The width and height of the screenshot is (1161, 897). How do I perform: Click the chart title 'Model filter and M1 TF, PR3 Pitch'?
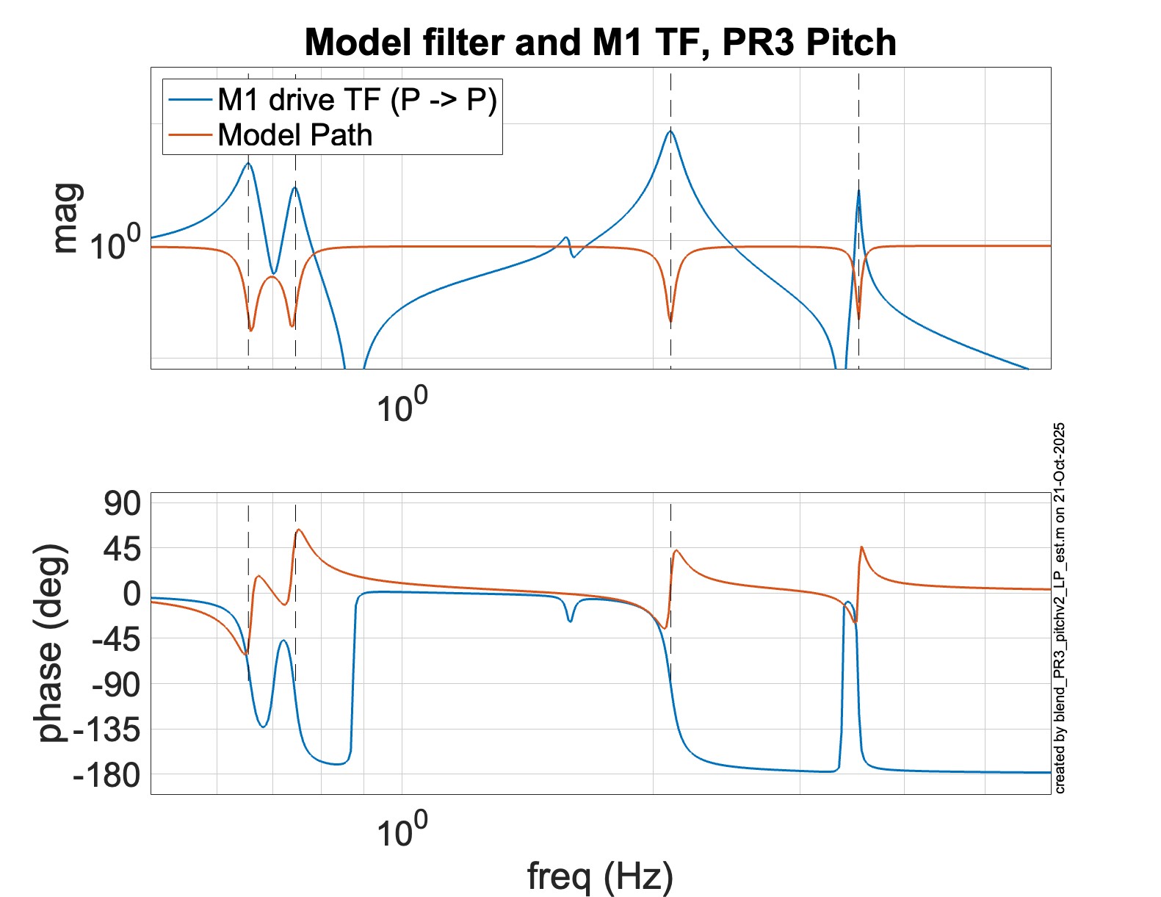[600, 43]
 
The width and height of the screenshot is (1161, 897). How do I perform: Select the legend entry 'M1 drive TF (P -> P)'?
[357, 100]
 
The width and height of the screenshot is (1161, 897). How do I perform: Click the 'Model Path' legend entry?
[294, 135]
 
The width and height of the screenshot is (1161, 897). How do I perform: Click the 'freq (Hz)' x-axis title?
[600, 876]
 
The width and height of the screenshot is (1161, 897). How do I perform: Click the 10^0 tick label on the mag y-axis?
[115, 243]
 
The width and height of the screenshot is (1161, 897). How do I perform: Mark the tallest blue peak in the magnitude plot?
[670, 132]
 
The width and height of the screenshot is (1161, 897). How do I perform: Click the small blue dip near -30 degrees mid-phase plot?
[570, 622]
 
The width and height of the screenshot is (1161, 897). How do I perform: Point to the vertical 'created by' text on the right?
[1060, 608]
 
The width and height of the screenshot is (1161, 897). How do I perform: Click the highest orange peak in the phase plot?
[298, 530]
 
